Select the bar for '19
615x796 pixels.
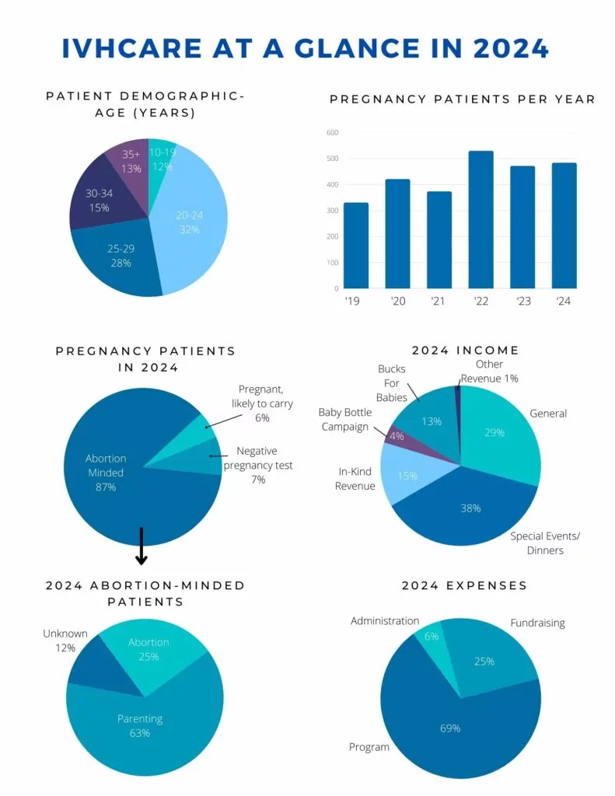pyautogui.click(x=355, y=246)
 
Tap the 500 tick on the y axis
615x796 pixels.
pyautogui.click(x=332, y=159)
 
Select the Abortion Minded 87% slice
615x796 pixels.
pyautogui.click(x=117, y=474)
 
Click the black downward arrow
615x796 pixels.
pyautogui.click(x=142, y=546)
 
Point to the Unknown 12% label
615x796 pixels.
pyautogui.click(x=65, y=641)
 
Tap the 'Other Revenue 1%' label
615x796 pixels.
pyautogui.click(x=490, y=371)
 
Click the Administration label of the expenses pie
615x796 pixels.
pyautogui.click(x=385, y=621)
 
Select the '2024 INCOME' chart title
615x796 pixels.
pyautogui.click(x=465, y=351)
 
